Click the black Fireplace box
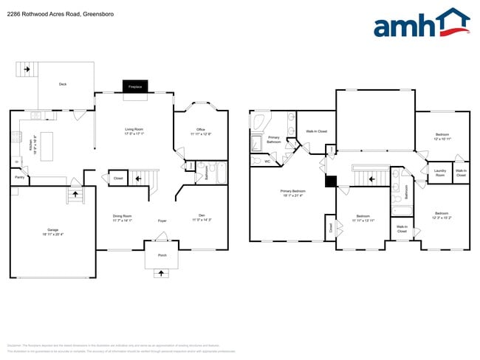click(135, 86)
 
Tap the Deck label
click(63, 84)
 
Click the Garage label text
click(53, 230)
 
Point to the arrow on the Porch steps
click(161, 273)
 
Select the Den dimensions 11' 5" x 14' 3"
click(202, 220)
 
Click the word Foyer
click(162, 220)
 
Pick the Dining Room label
click(122, 215)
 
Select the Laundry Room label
click(440, 173)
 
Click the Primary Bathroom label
click(274, 139)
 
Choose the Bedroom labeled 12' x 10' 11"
click(442, 136)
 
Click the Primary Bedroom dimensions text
click(293, 195)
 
